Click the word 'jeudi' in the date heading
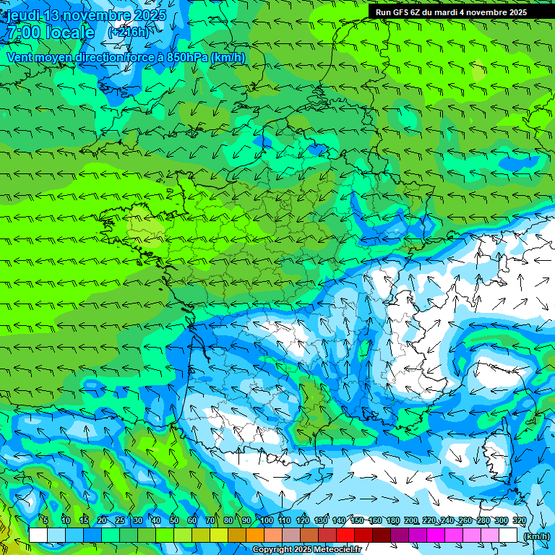click(x=24, y=15)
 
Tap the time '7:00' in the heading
click(x=22, y=33)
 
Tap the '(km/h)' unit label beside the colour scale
click(x=535, y=536)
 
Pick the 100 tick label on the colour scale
click(x=267, y=521)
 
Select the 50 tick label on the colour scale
click(x=173, y=521)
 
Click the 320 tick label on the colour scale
click(x=519, y=521)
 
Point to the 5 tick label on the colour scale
click(x=46, y=521)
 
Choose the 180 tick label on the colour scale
click(x=392, y=521)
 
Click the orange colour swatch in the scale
click(x=255, y=535)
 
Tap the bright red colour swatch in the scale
click(x=345, y=535)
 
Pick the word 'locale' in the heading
click(x=69, y=33)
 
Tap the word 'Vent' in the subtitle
click(x=20, y=57)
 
